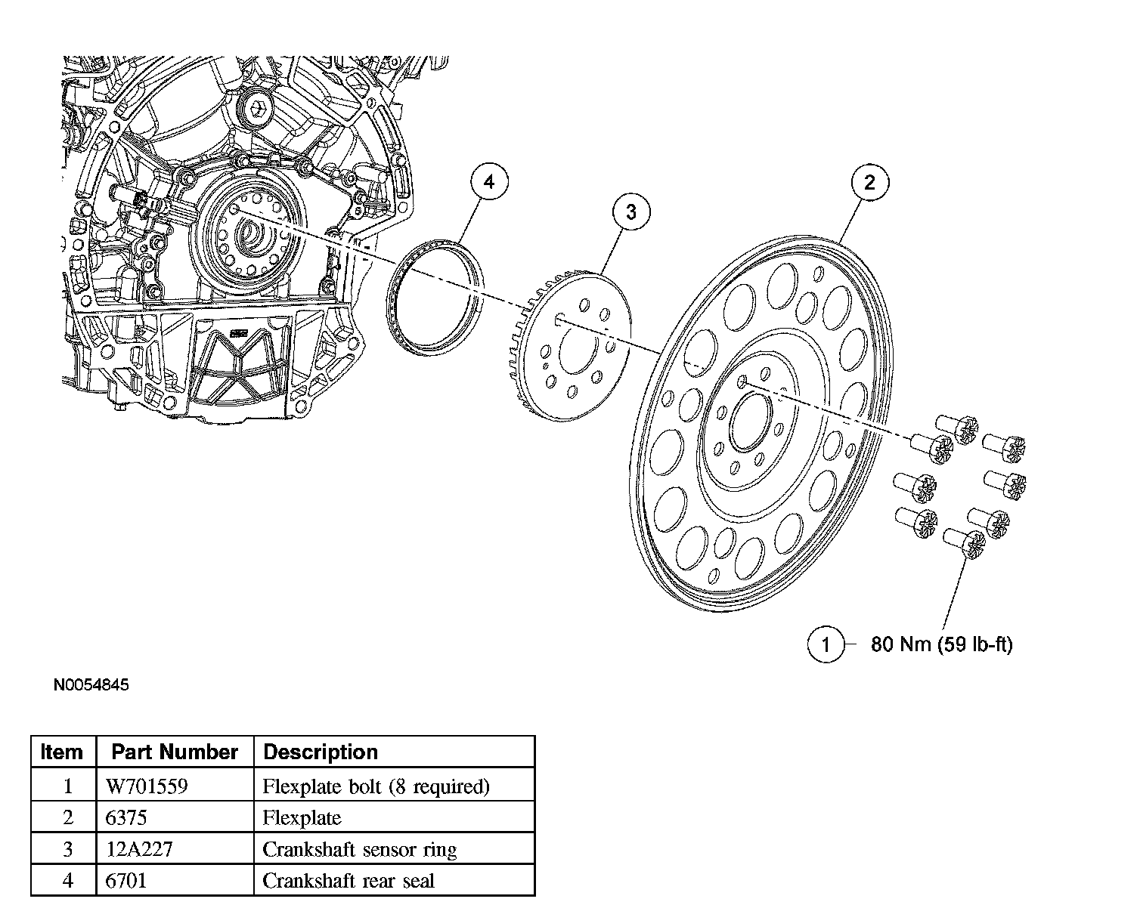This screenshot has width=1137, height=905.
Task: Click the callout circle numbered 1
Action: click(x=825, y=644)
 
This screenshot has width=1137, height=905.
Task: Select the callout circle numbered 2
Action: click(x=869, y=182)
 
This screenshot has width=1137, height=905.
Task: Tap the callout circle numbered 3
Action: click(x=630, y=212)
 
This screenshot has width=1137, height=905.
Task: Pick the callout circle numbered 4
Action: click(x=489, y=182)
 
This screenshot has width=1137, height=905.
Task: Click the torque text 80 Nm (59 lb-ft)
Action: click(x=941, y=644)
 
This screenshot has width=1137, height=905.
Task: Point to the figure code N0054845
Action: click(x=91, y=685)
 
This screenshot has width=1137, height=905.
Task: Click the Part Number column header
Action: click(x=175, y=752)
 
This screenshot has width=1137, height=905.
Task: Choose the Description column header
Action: click(x=321, y=752)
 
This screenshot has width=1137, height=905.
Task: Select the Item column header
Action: click(x=62, y=752)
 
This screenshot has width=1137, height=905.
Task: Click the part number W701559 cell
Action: click(x=147, y=786)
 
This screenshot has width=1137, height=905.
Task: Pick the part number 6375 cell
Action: click(x=126, y=818)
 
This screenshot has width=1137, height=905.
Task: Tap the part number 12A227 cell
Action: click(x=139, y=849)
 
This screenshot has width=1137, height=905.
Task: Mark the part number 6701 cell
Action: click(x=126, y=881)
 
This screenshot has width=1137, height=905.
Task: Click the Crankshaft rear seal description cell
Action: click(x=349, y=881)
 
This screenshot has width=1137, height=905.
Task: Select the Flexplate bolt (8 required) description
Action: click(x=376, y=786)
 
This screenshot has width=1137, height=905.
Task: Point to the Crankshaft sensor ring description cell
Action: click(x=359, y=849)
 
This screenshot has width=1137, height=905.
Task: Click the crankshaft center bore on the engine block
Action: click(x=249, y=238)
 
